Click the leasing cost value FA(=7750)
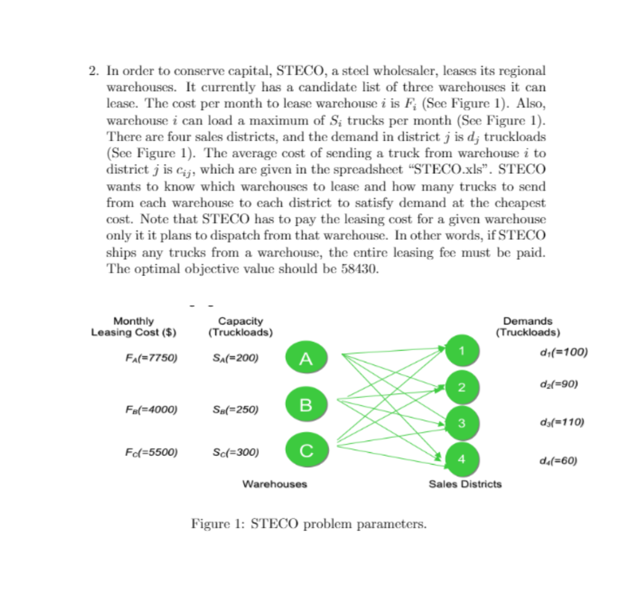point(151,357)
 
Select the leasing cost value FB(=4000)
point(151,409)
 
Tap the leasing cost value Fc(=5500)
point(151,452)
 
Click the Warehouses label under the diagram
point(274,484)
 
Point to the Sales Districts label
point(465,484)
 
